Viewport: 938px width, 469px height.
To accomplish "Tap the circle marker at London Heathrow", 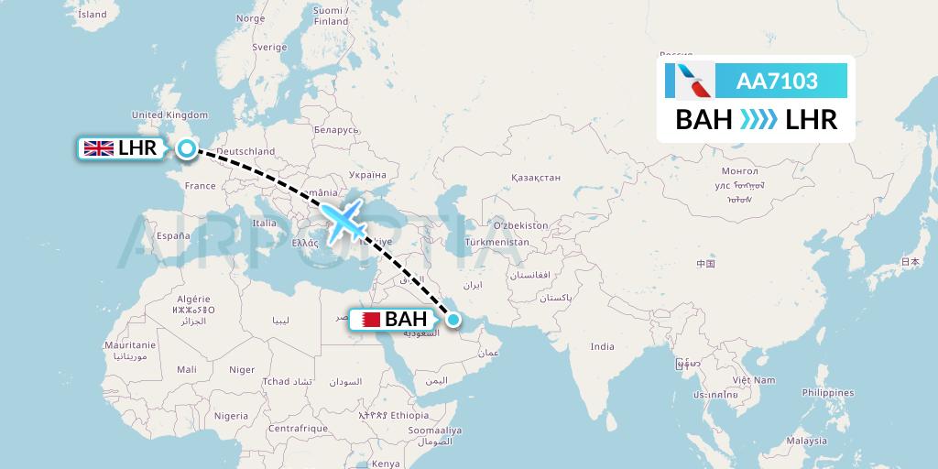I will tap(187, 148).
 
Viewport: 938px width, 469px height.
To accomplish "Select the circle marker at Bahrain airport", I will tap(453, 320).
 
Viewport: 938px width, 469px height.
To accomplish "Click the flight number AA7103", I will tap(777, 82).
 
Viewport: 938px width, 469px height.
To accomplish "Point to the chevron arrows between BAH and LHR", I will tap(758, 119).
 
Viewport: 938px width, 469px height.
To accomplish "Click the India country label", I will tap(602, 346).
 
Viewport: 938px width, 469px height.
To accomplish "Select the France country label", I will tap(200, 185).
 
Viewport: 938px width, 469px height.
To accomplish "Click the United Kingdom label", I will tap(170, 115).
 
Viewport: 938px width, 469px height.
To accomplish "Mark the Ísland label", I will tap(93, 15).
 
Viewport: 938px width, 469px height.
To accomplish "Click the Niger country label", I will tap(242, 369).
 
